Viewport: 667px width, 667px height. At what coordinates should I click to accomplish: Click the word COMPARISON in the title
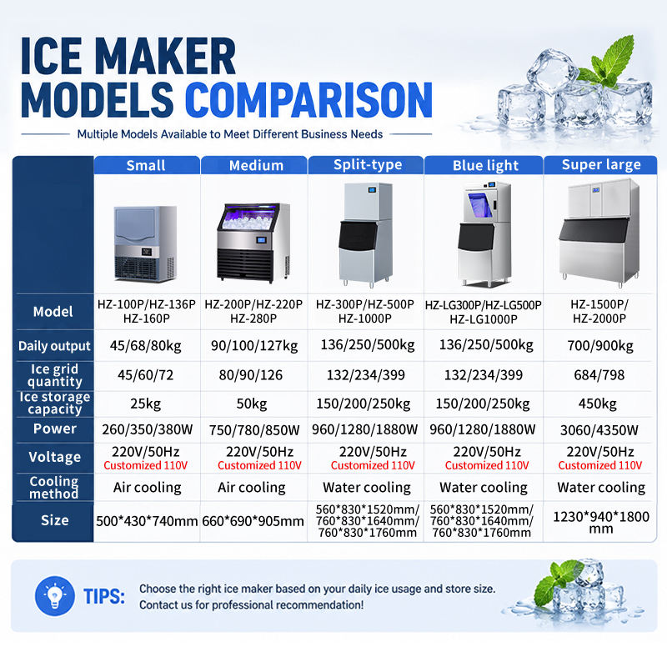pos(308,100)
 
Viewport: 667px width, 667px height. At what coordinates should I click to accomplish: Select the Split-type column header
pos(368,164)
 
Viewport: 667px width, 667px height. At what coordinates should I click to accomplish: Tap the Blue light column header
pos(485,165)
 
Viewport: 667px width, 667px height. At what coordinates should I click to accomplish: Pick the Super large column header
pos(601,164)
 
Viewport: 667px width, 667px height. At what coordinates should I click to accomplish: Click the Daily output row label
pos(54,346)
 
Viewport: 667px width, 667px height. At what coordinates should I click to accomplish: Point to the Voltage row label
pos(54,457)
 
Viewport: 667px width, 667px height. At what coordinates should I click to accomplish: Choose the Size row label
pos(54,520)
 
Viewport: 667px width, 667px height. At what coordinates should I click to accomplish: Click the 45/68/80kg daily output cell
pos(145,346)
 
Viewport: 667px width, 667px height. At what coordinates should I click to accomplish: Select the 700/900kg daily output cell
pos(600,346)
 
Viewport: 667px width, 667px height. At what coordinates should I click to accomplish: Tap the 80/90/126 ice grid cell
pos(251,374)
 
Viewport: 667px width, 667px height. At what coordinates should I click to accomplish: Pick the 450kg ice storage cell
pos(597,404)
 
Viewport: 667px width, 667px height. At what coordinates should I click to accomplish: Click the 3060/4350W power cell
pos(599,430)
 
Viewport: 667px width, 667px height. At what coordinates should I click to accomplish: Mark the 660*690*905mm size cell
pos(253,521)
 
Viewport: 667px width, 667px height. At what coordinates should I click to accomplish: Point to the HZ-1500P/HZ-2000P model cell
pos(599,311)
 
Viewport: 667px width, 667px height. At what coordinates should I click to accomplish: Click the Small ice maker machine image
pos(145,243)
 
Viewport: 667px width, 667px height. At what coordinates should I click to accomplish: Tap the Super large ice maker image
pos(599,232)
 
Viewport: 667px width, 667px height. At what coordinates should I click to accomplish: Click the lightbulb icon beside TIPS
pos(55,596)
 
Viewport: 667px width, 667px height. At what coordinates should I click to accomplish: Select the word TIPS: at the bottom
pos(104,596)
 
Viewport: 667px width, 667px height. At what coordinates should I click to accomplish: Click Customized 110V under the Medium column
pos(259,465)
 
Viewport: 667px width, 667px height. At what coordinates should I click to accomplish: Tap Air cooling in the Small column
pos(148,488)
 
